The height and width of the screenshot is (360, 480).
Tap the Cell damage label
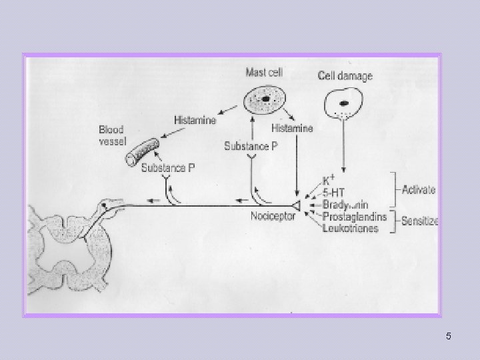click(345, 76)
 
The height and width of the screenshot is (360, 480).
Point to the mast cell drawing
click(265, 101)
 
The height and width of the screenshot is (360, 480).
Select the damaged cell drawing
click(343, 104)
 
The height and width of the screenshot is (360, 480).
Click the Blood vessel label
click(111, 135)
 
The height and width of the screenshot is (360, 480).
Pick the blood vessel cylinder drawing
click(142, 151)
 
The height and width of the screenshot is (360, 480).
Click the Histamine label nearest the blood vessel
click(195, 120)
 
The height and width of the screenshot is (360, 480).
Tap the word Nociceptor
click(273, 217)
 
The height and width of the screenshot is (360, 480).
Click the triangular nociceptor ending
click(295, 207)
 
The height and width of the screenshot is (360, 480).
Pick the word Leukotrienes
click(350, 228)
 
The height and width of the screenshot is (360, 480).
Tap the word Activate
click(419, 189)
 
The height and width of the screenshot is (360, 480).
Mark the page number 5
click(448, 336)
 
